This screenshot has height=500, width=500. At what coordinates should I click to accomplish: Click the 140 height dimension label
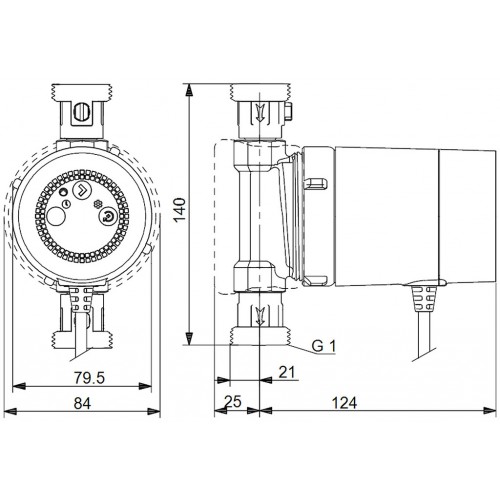click(180, 210)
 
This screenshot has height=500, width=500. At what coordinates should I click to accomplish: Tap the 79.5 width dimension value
click(89, 378)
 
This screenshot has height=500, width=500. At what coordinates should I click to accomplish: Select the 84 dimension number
click(82, 403)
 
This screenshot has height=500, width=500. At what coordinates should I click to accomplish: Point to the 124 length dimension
click(344, 403)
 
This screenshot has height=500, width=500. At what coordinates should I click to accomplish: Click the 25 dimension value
click(232, 401)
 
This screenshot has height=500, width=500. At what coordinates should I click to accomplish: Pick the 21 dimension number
click(287, 372)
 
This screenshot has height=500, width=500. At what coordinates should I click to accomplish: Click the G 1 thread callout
click(323, 346)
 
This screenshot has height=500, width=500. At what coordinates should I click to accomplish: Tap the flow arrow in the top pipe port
click(259, 112)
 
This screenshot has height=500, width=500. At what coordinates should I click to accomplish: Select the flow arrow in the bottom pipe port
click(259, 315)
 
